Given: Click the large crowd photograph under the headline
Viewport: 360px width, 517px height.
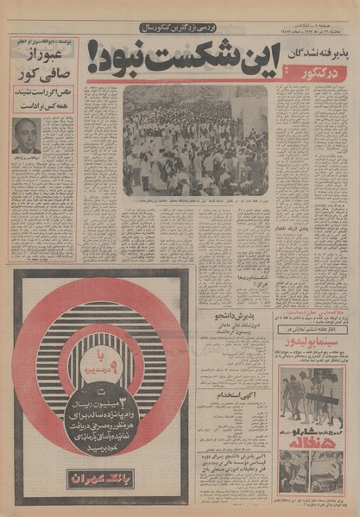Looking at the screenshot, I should (195, 141).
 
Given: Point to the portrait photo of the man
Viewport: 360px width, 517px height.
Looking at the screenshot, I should (27, 136).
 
